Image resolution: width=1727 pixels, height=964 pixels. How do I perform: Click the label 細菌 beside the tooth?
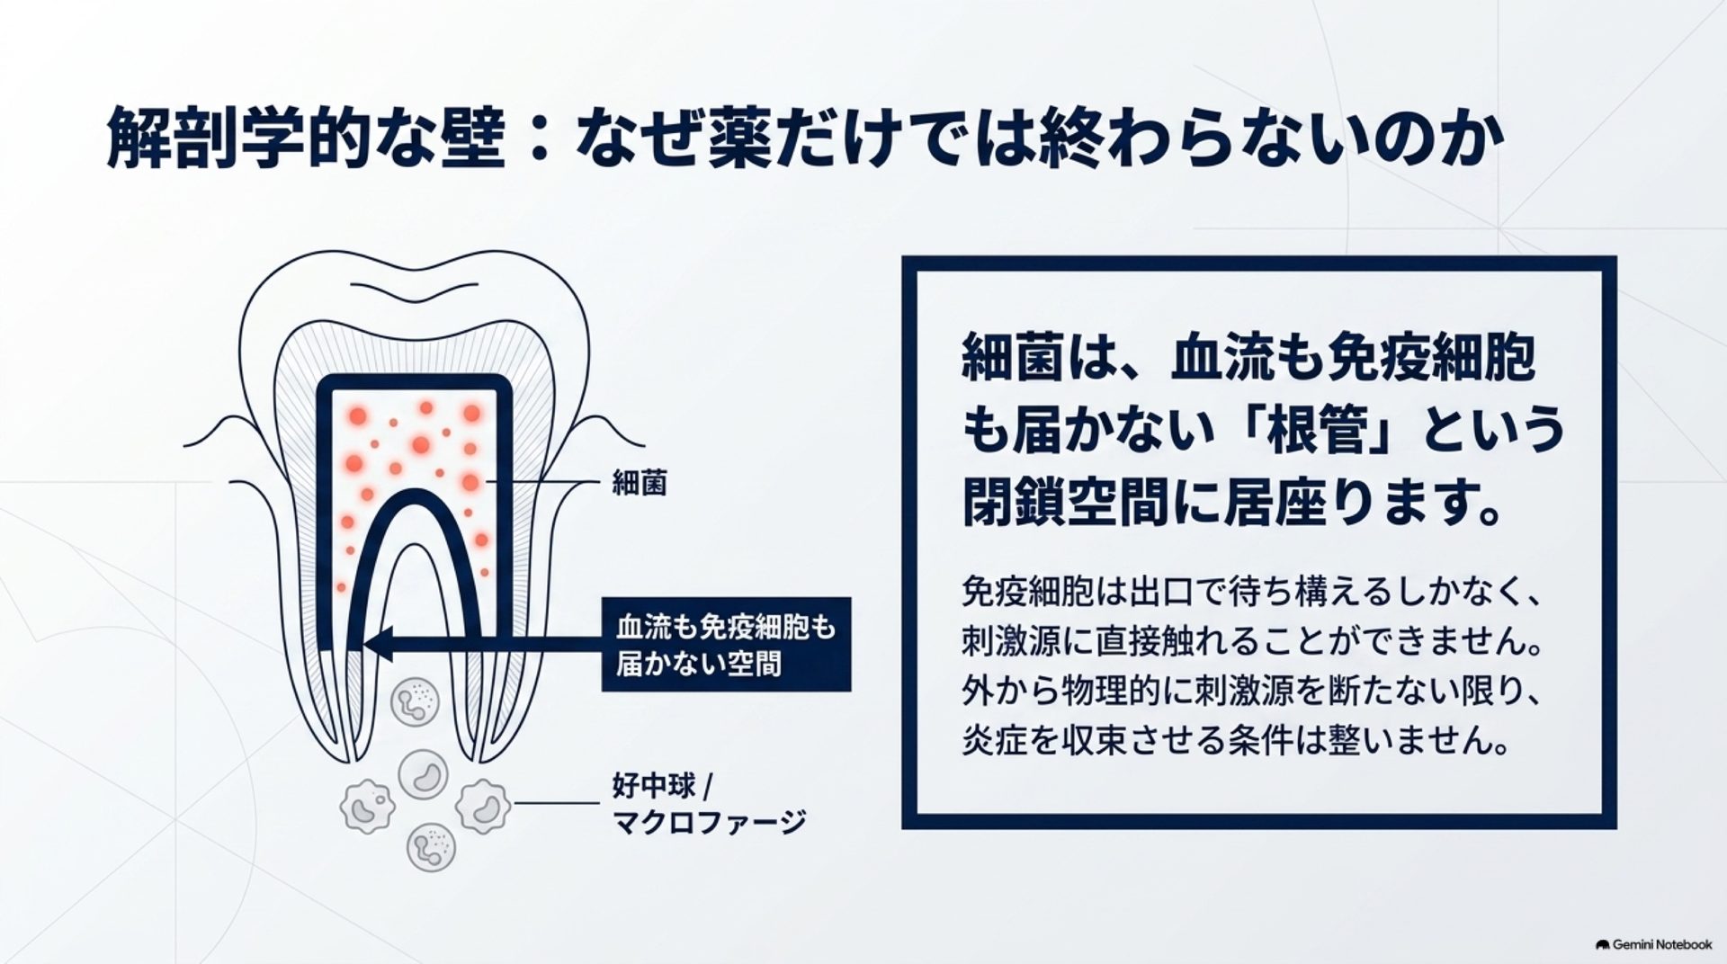640,484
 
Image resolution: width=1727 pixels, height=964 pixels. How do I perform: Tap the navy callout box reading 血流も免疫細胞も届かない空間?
726,644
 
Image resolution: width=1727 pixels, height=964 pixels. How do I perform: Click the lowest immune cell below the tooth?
431,847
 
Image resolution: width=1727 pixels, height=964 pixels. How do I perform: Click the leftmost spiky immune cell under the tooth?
367,806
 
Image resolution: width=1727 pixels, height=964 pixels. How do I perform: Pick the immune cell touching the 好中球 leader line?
483,806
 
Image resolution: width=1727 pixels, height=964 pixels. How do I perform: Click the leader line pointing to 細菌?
542,484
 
